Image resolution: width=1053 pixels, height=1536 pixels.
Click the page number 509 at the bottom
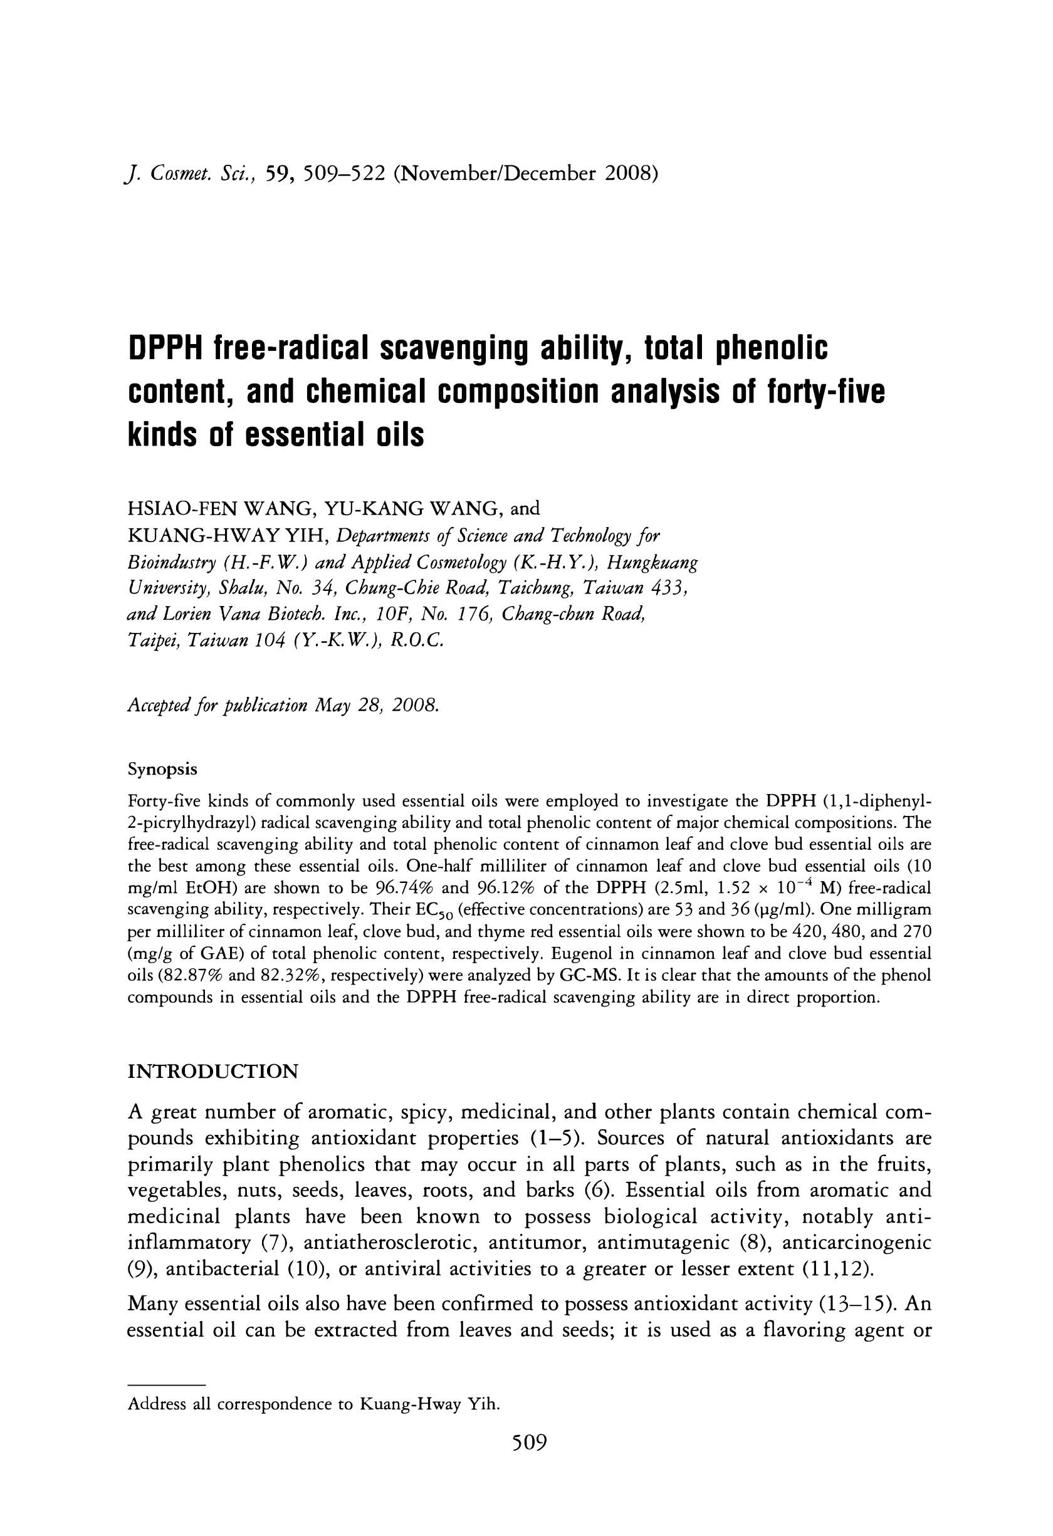[x=530, y=1460]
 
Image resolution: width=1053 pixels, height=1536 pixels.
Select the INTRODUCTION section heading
[x=212, y=1072]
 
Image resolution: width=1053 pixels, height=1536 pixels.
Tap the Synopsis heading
[x=162, y=770]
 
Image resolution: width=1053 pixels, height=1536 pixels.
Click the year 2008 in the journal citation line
[x=631, y=173]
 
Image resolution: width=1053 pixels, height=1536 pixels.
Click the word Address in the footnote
[x=157, y=1404]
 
